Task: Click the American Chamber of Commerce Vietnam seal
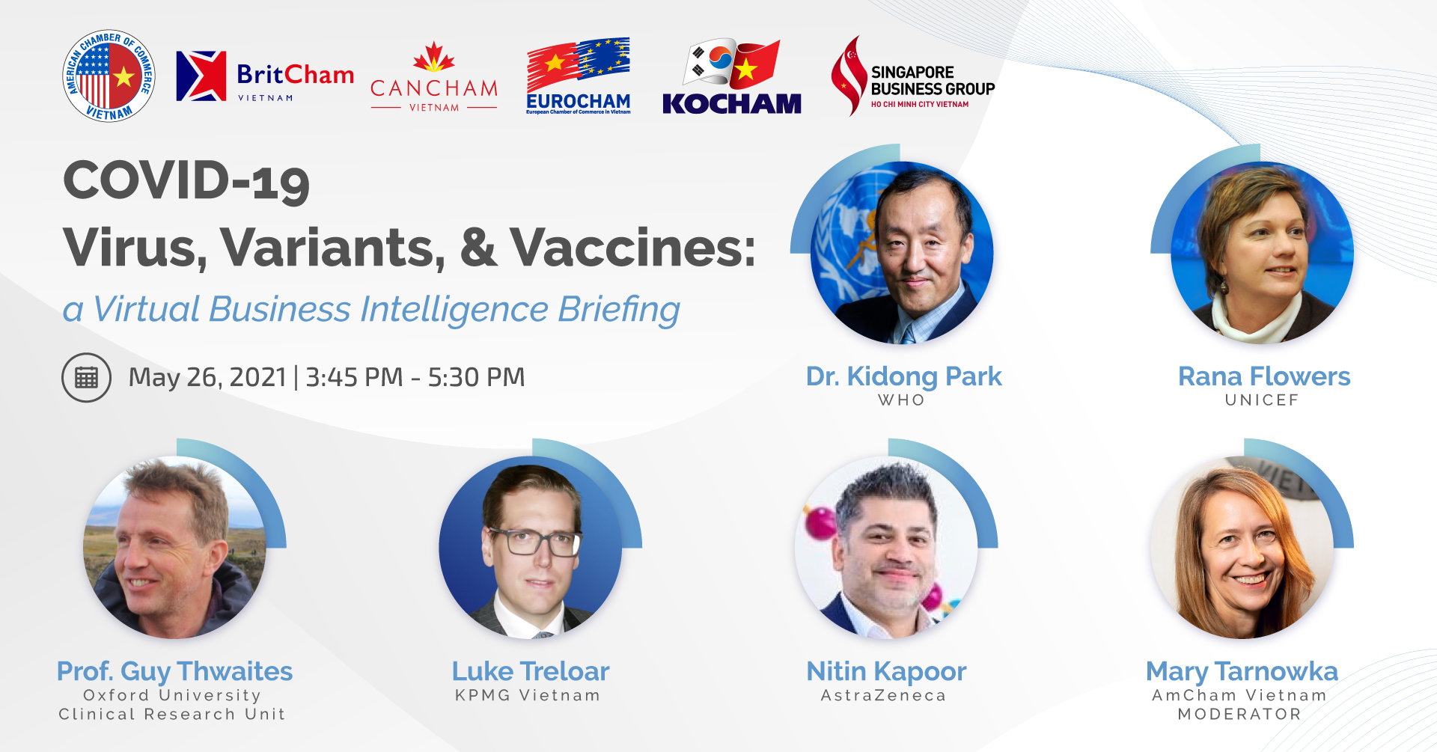click(x=109, y=76)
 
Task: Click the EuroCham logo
click(x=579, y=76)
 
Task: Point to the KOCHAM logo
click(x=732, y=76)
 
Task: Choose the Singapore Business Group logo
click(x=913, y=76)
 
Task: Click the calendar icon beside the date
click(x=86, y=378)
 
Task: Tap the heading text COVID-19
click(x=186, y=182)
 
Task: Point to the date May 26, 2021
click(x=207, y=378)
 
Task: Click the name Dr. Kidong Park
click(x=903, y=376)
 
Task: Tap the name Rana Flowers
click(x=1264, y=376)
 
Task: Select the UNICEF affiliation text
click(x=1262, y=400)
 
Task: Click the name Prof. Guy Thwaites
click(x=174, y=672)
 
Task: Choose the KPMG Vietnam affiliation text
click(x=528, y=696)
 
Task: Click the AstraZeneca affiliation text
click(x=884, y=696)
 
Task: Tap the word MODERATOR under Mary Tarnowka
click(x=1239, y=715)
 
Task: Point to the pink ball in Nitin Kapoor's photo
click(x=820, y=522)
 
